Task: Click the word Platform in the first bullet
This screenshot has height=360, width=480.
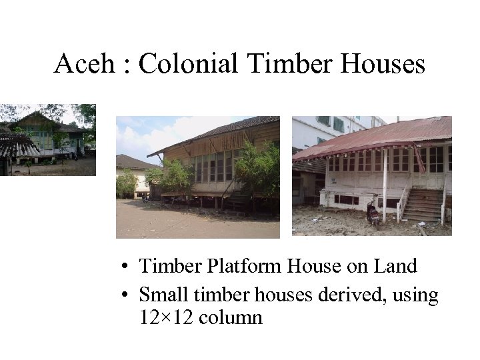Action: tap(245, 267)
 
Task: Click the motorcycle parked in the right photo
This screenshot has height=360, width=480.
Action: tap(373, 211)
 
